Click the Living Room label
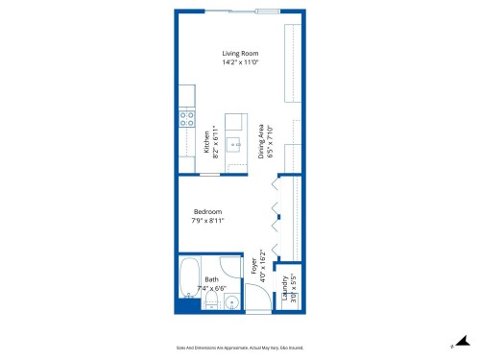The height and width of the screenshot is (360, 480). coord(240,53)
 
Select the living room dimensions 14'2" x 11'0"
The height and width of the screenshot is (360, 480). coord(240,61)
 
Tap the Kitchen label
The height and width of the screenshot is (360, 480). coord(206,141)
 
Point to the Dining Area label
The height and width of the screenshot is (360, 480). coord(261,141)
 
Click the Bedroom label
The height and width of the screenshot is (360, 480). coord(207,211)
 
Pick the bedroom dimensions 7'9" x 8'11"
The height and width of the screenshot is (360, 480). coord(207,220)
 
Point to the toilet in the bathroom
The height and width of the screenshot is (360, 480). coord(210,303)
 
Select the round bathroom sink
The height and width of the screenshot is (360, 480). coord(231,303)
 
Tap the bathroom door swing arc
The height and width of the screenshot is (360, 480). coord(230,269)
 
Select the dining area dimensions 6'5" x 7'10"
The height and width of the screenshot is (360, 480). coord(271,141)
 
